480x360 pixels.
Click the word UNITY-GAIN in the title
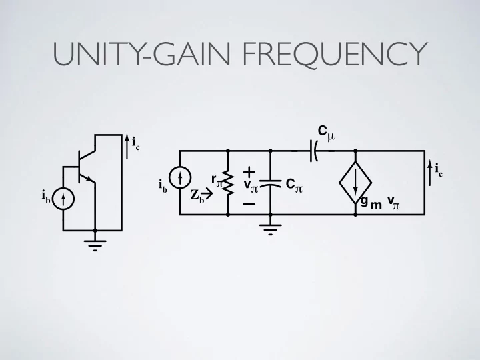click(x=141, y=54)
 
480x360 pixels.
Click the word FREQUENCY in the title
click(x=335, y=55)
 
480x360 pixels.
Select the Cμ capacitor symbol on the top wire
click(x=314, y=151)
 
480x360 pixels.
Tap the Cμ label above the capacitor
click(x=326, y=133)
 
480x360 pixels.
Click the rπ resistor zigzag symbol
click(x=229, y=183)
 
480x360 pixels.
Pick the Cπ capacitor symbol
click(x=270, y=183)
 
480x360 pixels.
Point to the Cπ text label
click(x=294, y=185)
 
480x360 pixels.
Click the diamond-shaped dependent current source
click(x=355, y=183)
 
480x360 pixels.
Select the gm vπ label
click(x=380, y=203)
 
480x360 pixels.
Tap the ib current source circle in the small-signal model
click(x=180, y=177)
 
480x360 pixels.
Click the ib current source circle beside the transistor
click(x=63, y=199)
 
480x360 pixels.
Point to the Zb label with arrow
click(x=201, y=195)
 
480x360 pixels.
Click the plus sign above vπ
click(x=249, y=173)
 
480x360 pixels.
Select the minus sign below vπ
click(x=249, y=204)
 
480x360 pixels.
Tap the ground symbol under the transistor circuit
click(x=95, y=245)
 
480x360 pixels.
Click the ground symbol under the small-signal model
click(x=270, y=229)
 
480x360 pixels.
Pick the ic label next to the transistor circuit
click(x=136, y=143)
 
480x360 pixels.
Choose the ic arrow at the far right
click(x=430, y=174)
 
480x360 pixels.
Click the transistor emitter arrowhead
click(x=89, y=179)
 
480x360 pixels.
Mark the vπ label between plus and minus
click(x=251, y=185)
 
